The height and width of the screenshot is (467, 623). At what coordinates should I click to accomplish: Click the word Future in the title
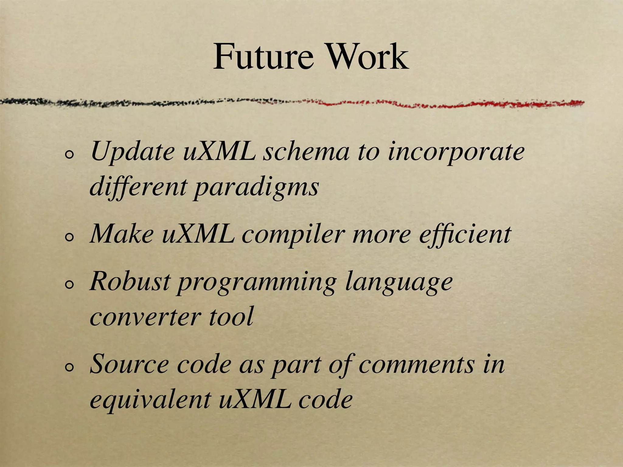(263, 57)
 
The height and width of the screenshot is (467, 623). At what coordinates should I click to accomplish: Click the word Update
(132, 152)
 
